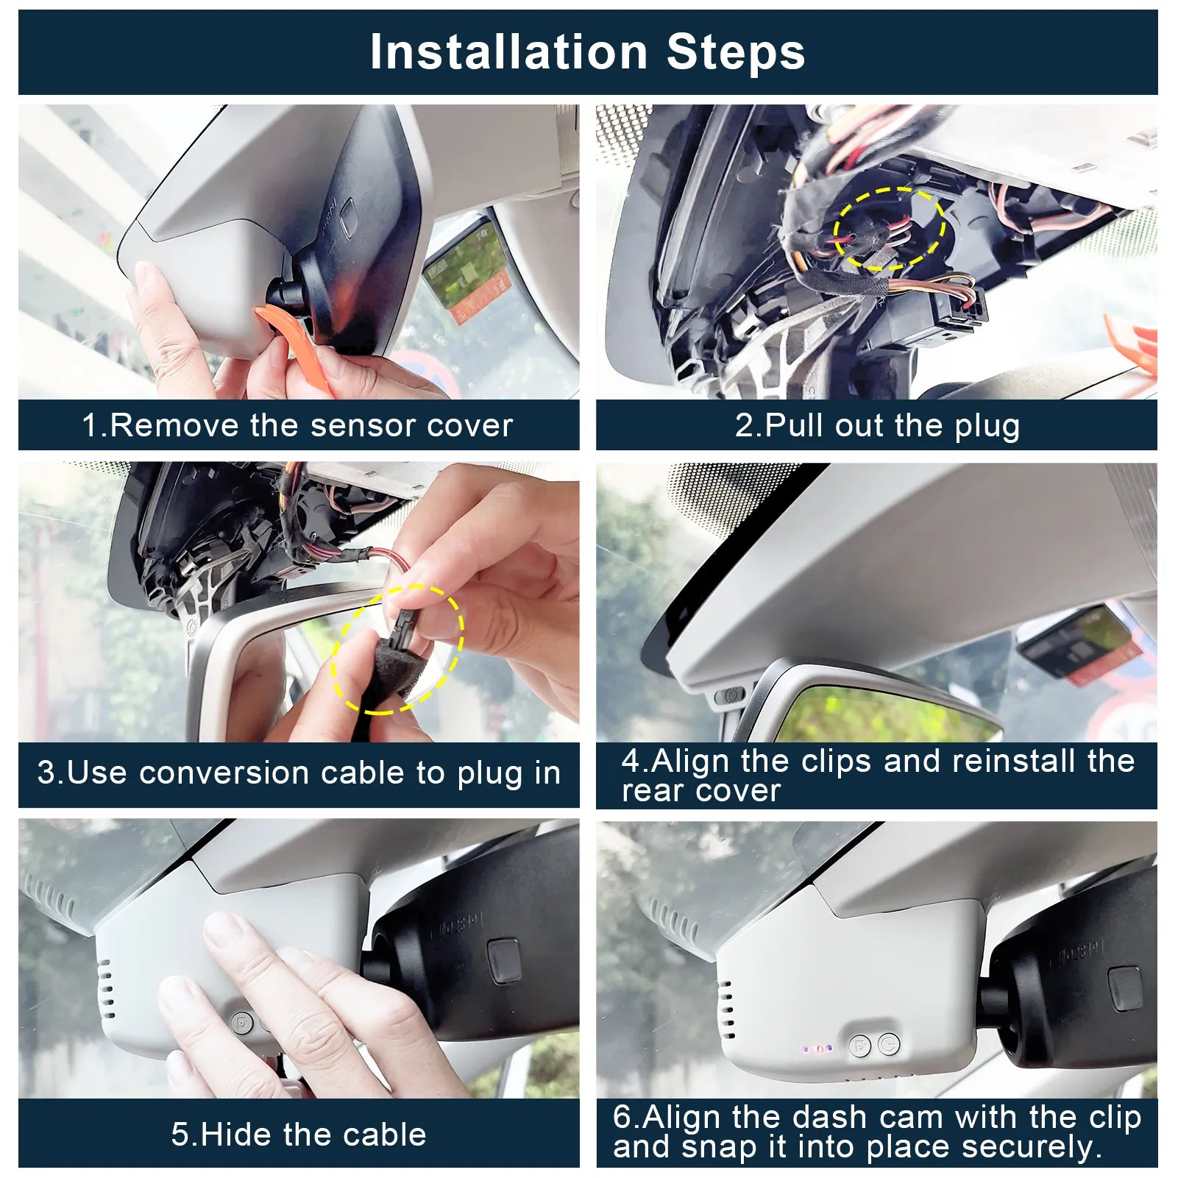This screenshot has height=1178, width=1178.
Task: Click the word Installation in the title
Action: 508,52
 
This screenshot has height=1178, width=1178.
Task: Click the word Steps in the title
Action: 736,52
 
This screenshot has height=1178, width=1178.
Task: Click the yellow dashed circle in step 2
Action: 889,229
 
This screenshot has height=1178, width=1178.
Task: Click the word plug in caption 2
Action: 987,426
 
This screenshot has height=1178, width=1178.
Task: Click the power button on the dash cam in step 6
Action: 889,1043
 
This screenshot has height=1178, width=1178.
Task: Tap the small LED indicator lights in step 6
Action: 817,1048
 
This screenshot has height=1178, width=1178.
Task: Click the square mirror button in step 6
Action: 1124,987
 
